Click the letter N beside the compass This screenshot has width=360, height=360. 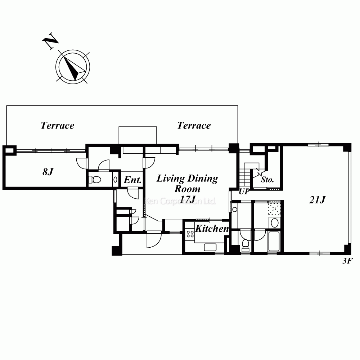(x=50, y=41)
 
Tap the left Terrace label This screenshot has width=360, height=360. (x=57, y=125)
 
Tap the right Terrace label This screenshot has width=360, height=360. (x=194, y=125)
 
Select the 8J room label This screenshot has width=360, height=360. (x=48, y=172)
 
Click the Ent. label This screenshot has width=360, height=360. (x=132, y=180)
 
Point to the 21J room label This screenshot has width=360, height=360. (x=317, y=200)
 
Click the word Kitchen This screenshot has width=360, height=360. (x=212, y=229)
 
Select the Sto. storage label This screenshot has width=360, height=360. (x=267, y=179)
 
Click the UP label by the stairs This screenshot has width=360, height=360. (x=244, y=191)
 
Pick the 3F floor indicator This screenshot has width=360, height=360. (x=347, y=261)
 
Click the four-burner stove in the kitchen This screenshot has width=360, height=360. (x=190, y=234)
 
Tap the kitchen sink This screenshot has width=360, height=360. (x=210, y=247)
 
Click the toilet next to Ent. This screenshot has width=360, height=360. (x=95, y=179)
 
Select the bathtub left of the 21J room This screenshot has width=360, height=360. (x=274, y=241)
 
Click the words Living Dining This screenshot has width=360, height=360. (x=187, y=179)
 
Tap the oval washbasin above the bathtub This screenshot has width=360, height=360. (x=275, y=222)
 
